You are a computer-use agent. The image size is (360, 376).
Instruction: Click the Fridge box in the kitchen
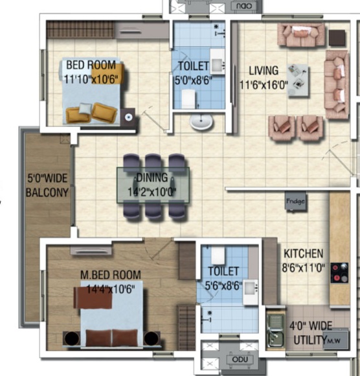(x=295, y=201)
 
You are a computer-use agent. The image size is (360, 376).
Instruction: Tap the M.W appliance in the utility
(x=335, y=340)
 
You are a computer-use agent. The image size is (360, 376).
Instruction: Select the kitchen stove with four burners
(x=339, y=273)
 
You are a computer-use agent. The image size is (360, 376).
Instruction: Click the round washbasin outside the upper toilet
(x=201, y=122)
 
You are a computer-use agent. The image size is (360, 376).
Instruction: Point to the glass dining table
(x=153, y=185)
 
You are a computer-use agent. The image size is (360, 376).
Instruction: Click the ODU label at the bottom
(x=240, y=359)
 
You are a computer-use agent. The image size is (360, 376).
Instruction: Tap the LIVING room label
(x=264, y=71)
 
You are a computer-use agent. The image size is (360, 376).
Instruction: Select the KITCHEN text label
(x=304, y=253)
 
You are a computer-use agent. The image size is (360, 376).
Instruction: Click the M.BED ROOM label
(x=111, y=275)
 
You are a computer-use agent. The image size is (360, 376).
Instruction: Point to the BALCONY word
(x=47, y=193)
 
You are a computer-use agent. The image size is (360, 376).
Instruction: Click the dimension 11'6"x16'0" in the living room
(x=264, y=85)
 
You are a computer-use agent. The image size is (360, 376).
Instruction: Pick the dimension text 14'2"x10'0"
(x=152, y=192)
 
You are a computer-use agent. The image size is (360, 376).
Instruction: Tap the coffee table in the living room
(x=298, y=80)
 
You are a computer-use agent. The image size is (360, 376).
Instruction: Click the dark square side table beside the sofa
(x=337, y=38)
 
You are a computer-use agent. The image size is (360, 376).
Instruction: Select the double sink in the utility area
(x=276, y=331)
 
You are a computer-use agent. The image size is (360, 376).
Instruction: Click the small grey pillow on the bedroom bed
(x=85, y=108)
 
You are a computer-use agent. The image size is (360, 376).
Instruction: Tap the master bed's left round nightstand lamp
(x=72, y=338)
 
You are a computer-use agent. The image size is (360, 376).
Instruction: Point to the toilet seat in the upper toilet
(x=188, y=99)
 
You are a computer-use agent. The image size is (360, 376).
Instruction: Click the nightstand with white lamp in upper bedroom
(x=128, y=117)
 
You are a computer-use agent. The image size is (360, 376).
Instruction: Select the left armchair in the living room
(x=282, y=128)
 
